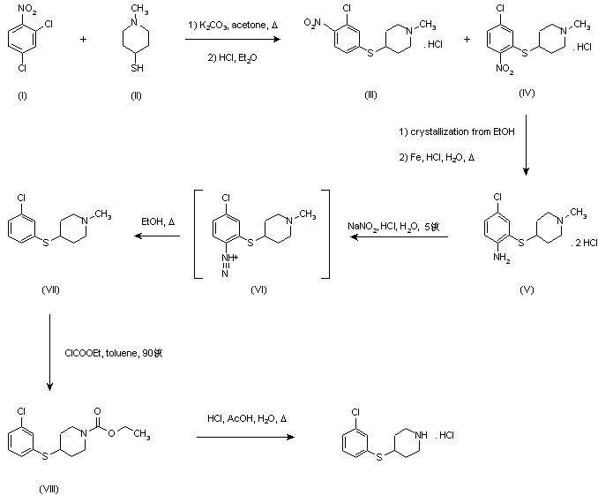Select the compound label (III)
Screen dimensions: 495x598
(x=371, y=94)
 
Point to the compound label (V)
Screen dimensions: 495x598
(x=527, y=289)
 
